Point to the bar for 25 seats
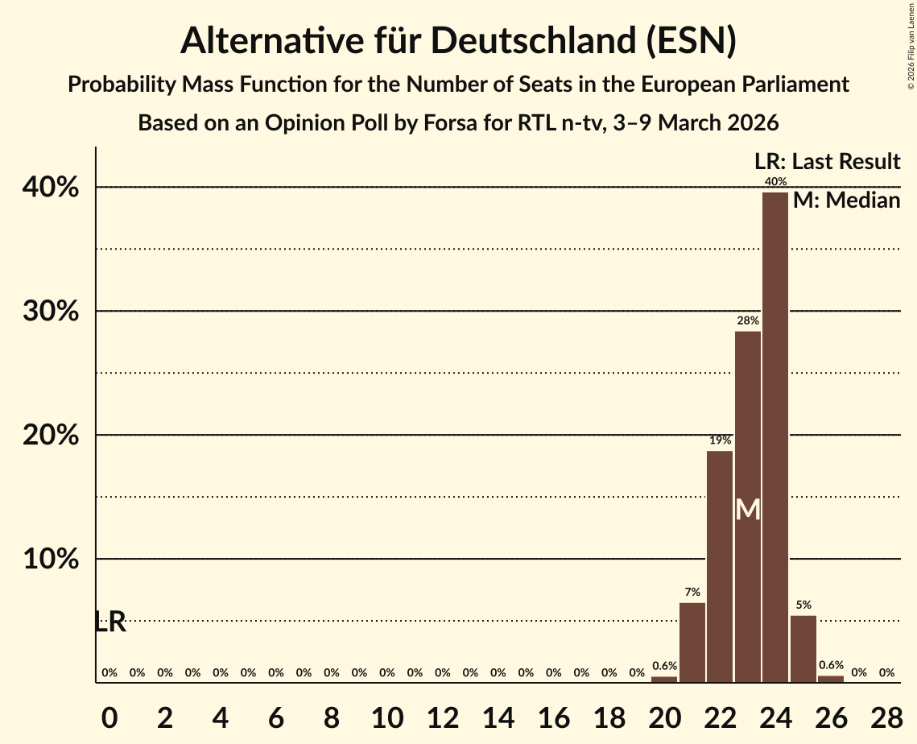[803, 649]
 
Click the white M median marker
[748, 510]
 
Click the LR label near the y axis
[110, 622]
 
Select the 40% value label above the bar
[776, 182]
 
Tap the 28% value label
[748, 321]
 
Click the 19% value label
[720, 440]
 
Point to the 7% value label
[692, 593]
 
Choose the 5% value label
[803, 606]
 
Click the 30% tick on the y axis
[56, 312]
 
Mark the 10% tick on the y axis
[56, 560]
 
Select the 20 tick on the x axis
[664, 715]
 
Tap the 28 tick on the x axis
[886, 715]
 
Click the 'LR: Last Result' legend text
[827, 162]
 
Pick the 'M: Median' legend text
[846, 200]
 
